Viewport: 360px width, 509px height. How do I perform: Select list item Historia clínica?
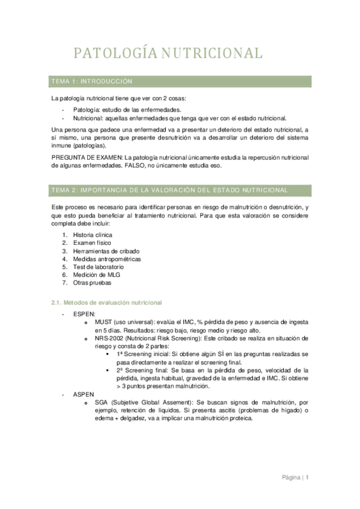pyautogui.click(x=93, y=234)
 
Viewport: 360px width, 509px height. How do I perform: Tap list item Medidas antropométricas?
pyautogui.click(x=106, y=259)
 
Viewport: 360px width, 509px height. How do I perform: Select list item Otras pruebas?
pyautogui.click(x=92, y=283)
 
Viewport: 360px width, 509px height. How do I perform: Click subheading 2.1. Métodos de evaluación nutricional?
pyautogui.click(x=106, y=302)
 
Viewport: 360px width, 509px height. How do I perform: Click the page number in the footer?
pyautogui.click(x=307, y=478)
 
